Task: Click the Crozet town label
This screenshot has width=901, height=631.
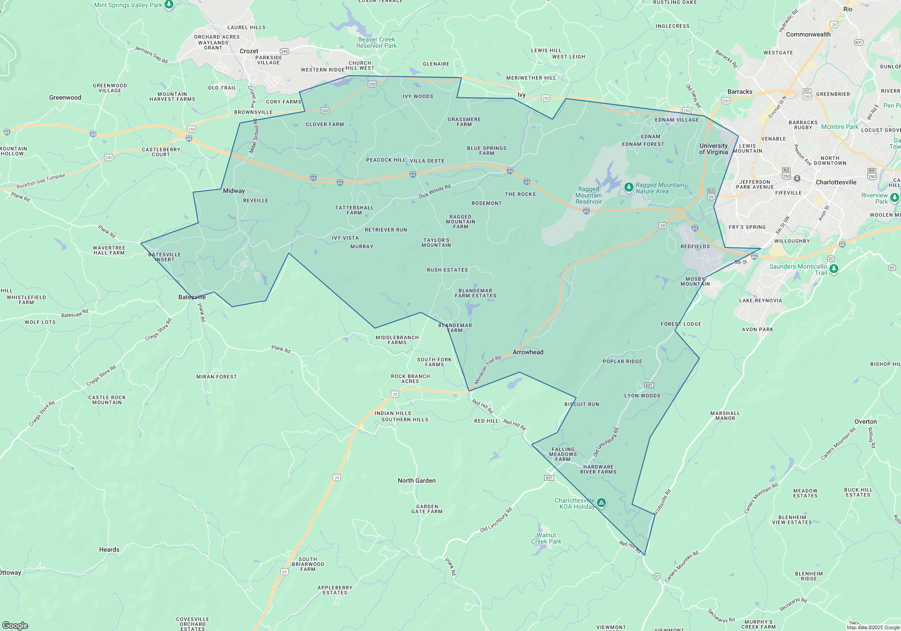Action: pyautogui.click(x=249, y=51)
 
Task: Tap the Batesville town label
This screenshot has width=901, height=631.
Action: pyautogui.click(x=192, y=297)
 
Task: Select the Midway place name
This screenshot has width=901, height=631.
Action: pyautogui.click(x=234, y=191)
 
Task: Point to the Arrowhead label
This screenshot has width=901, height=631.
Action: pyautogui.click(x=528, y=352)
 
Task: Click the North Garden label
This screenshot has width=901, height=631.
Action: pyautogui.click(x=417, y=480)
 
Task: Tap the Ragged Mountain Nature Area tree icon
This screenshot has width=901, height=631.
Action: pyautogui.click(x=628, y=187)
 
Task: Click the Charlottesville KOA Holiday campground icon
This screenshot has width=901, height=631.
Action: pyautogui.click(x=601, y=503)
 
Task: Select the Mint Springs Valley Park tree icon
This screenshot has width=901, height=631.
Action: pyautogui.click(x=169, y=5)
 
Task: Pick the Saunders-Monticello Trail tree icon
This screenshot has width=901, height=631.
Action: pyautogui.click(x=834, y=269)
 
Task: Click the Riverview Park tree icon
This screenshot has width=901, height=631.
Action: pyautogui.click(x=894, y=197)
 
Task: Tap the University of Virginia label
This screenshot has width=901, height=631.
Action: pyautogui.click(x=714, y=149)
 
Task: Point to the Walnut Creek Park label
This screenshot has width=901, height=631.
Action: pyautogui.click(x=546, y=538)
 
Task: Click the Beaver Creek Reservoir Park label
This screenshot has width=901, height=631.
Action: pyautogui.click(x=377, y=42)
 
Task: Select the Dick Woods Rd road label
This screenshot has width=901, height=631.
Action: pyautogui.click(x=434, y=191)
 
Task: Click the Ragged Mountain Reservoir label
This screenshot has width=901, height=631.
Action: pyautogui.click(x=589, y=195)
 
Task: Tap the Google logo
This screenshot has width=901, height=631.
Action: pyautogui.click(x=15, y=625)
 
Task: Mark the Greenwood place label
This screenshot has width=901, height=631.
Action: pyautogui.click(x=65, y=97)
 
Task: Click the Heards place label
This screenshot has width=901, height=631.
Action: pyautogui.click(x=109, y=549)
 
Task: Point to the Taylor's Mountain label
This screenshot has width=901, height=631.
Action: pyautogui.click(x=436, y=242)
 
